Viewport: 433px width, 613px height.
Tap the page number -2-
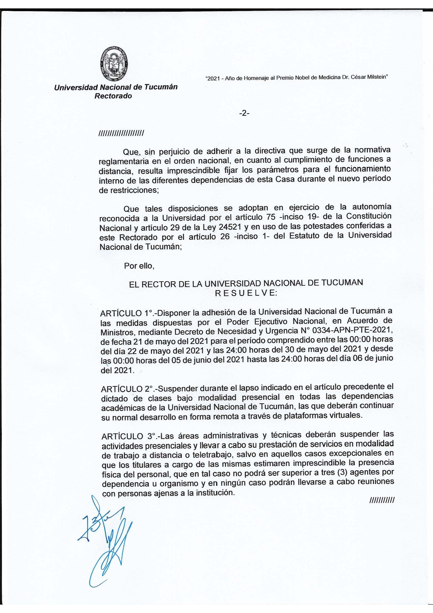point(244,113)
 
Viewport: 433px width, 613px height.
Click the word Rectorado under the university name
point(113,96)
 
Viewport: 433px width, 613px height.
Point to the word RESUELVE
point(246,293)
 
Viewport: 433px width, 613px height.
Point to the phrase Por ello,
point(139,266)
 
